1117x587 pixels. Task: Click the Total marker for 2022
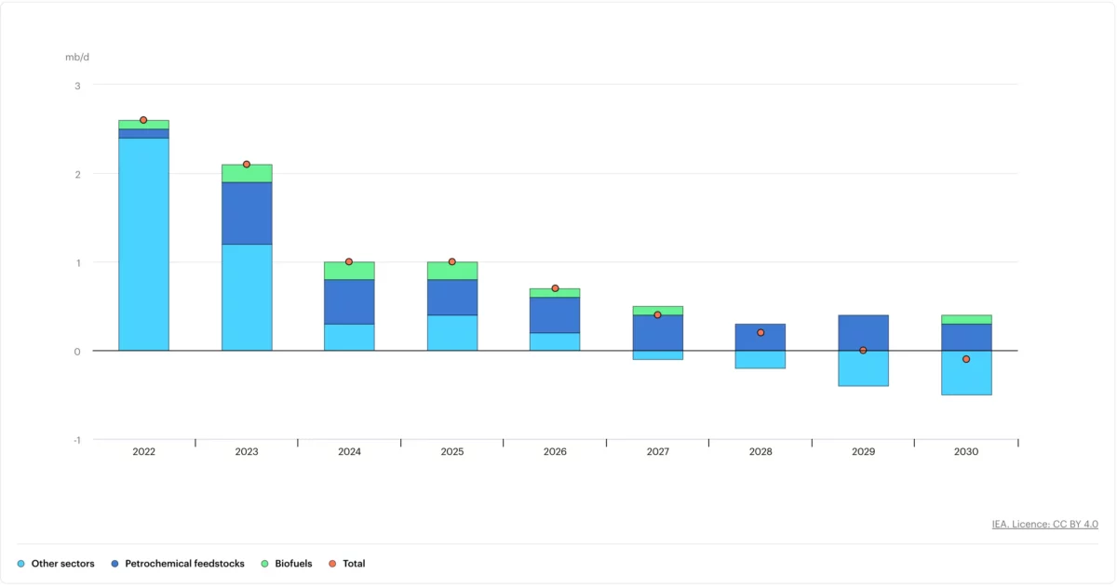[x=143, y=120]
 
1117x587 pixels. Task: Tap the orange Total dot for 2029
[x=863, y=351]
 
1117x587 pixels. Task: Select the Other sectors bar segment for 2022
[x=143, y=244]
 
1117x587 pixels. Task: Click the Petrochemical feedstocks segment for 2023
[x=247, y=213]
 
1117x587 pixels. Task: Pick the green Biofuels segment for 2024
[x=349, y=271]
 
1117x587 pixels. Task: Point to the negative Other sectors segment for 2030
[x=966, y=373]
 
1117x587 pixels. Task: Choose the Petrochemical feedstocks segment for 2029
[x=863, y=333]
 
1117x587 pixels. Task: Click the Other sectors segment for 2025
[x=452, y=333]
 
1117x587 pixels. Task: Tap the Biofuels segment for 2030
[x=966, y=319]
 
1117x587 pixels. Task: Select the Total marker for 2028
[x=760, y=333]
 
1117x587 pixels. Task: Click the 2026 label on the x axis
[x=555, y=452]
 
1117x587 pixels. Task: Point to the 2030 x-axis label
[x=966, y=452]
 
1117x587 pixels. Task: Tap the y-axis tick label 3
[x=77, y=86]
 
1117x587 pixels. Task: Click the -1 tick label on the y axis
[x=76, y=440]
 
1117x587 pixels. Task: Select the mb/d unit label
[x=77, y=57]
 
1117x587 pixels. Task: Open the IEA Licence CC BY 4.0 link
[x=1044, y=525]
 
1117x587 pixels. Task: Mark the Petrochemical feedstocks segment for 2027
[x=658, y=333]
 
